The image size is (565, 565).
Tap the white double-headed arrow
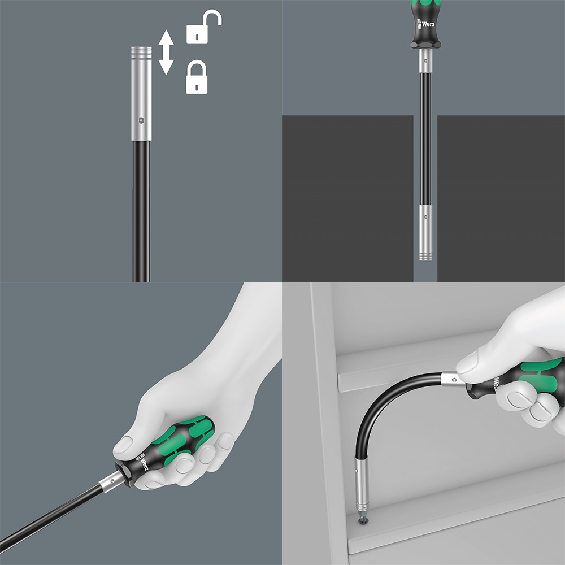[166, 52]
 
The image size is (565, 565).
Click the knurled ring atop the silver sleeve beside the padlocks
[141, 53]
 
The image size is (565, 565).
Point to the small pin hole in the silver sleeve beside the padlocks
[141, 120]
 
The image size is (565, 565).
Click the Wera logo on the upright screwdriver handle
[425, 24]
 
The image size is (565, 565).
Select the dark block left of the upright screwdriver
[347, 198]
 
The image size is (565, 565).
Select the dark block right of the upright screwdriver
[501, 198]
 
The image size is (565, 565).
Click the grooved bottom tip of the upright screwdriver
[425, 256]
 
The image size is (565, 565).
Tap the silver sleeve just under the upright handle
[425, 60]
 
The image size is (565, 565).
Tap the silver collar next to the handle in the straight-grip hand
[111, 481]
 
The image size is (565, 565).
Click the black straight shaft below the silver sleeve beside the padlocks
[141, 211]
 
